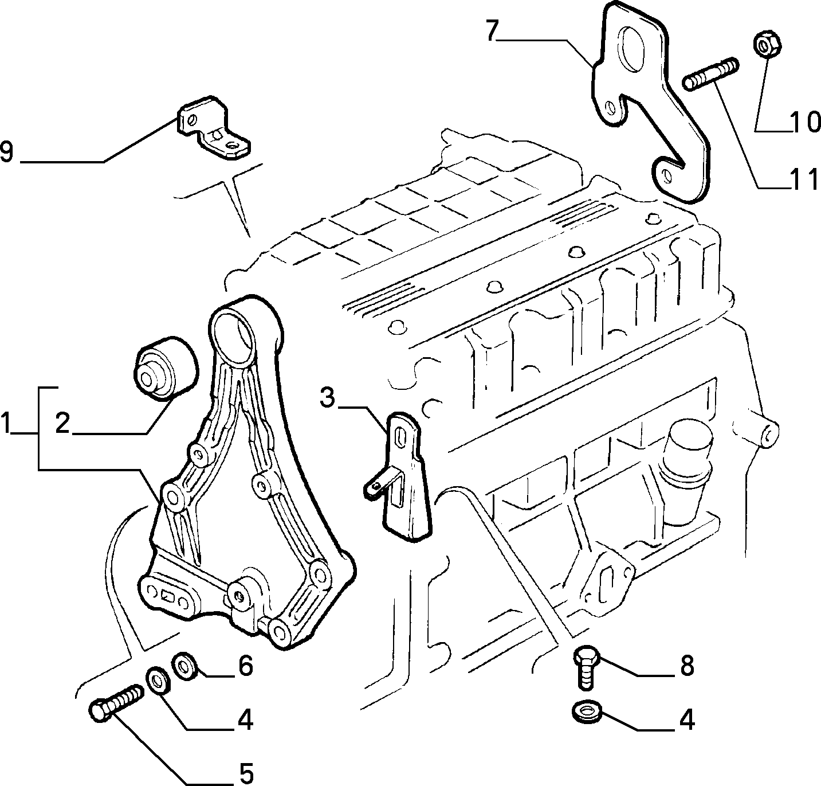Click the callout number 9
pos(7,152)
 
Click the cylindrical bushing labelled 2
pos(166,369)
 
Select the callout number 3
pos(327,398)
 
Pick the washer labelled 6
pos(184,666)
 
